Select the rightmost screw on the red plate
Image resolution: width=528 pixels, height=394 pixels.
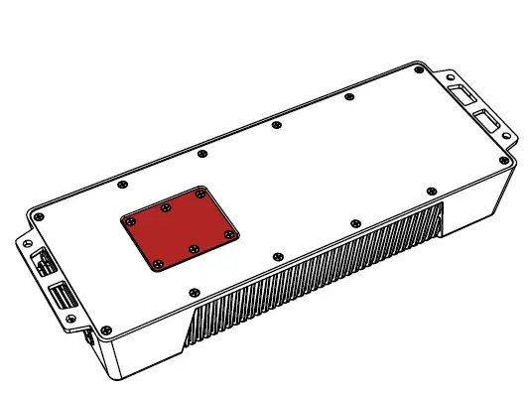(x=229, y=234)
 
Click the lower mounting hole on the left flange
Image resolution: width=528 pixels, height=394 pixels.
(x=70, y=319)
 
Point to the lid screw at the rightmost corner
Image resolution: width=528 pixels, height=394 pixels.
(x=503, y=160)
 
